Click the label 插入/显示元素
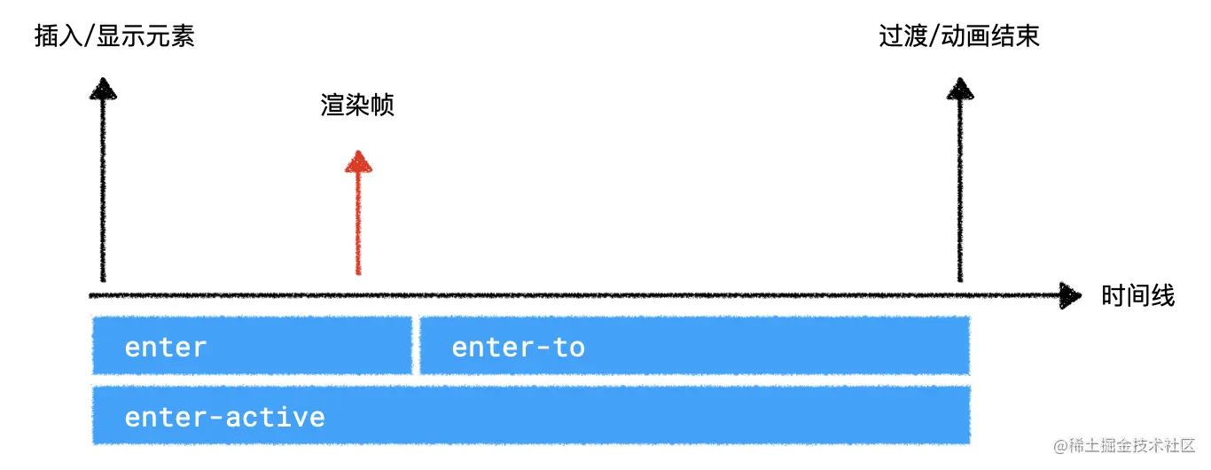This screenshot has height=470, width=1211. click(x=113, y=36)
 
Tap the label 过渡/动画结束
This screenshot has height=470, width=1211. click(x=958, y=36)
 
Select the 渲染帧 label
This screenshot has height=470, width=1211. click(x=356, y=106)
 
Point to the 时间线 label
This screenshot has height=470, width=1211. click(x=1137, y=295)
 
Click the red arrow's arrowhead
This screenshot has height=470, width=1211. click(x=358, y=162)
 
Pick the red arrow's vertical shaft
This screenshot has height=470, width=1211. click(x=358, y=222)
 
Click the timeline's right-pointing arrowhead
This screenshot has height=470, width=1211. click(x=1070, y=295)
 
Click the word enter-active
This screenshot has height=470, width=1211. click(x=225, y=417)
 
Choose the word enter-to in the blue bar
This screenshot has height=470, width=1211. click(x=518, y=347)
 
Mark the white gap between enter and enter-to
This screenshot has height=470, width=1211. click(x=415, y=346)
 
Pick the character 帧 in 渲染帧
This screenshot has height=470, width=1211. click(x=382, y=106)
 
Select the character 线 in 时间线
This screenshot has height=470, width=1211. click(x=1163, y=295)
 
